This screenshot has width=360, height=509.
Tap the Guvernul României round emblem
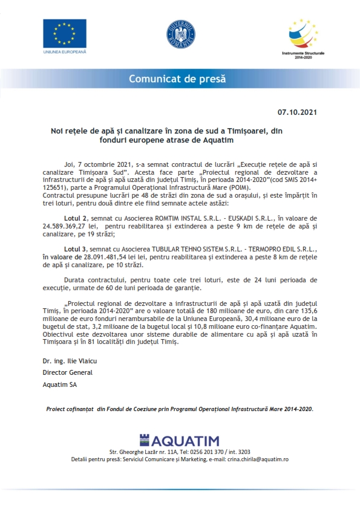point(180,34)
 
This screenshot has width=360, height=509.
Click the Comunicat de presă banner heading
point(180,79)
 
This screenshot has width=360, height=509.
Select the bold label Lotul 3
point(76,248)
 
